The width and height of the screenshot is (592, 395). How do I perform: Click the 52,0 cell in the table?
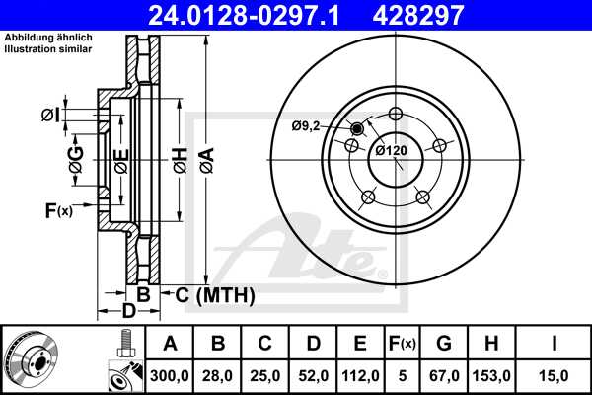[313, 375]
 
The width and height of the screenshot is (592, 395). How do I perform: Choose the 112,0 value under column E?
[361, 375]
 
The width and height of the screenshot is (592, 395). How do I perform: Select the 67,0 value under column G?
[444, 375]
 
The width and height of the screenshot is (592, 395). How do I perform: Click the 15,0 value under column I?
[556, 375]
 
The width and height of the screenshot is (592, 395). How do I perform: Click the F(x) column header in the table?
[403, 345]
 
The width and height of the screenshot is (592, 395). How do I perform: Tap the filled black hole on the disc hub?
[357, 129]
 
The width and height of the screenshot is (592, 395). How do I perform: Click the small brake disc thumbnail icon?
[32, 358]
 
